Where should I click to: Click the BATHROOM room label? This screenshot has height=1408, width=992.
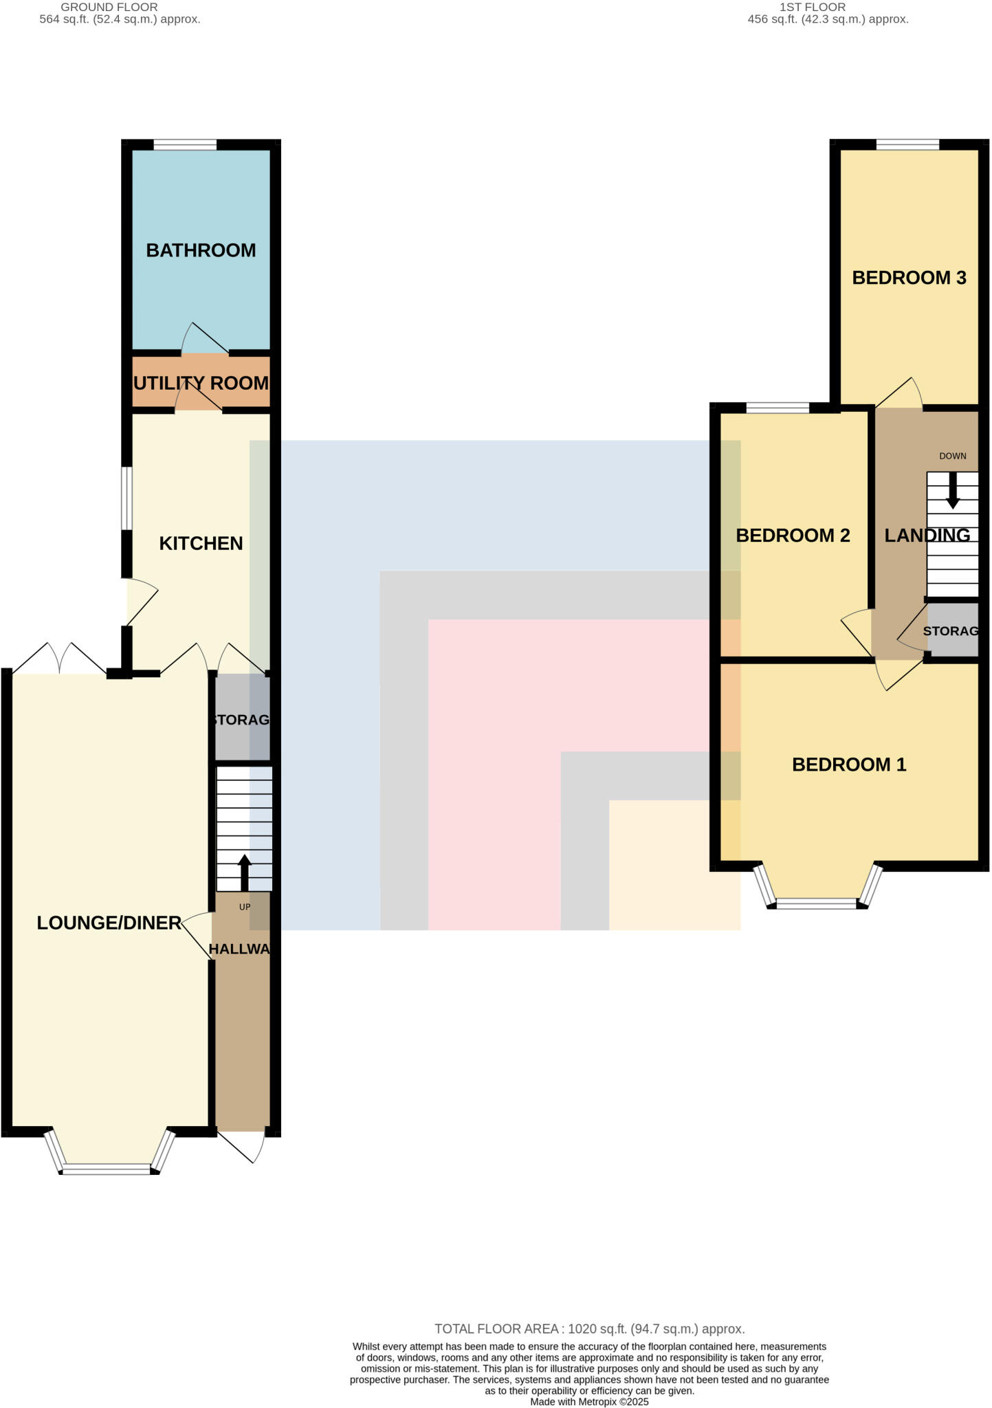(x=201, y=250)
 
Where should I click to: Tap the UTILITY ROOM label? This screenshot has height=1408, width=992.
(x=201, y=383)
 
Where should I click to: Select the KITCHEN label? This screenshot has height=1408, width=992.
(x=201, y=543)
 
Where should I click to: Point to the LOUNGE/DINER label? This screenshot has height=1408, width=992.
(x=109, y=923)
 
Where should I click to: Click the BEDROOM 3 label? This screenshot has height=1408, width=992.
(x=909, y=278)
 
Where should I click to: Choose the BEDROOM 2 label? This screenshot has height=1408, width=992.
(x=793, y=535)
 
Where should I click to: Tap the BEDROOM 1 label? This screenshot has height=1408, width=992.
(x=849, y=764)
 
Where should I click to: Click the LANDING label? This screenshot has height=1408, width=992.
(x=927, y=535)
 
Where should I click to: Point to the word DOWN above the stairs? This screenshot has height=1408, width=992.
(x=952, y=456)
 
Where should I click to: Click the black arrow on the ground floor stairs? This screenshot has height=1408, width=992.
(x=245, y=872)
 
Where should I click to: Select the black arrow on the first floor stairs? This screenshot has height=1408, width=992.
(x=952, y=490)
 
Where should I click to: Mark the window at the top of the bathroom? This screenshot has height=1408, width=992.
(x=185, y=144)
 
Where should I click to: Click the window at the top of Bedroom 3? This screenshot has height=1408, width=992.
(x=907, y=144)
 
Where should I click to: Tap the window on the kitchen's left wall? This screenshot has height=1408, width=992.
(x=126, y=498)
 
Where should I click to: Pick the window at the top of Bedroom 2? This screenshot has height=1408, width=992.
(x=777, y=408)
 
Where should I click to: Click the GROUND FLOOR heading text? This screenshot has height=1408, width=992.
(x=109, y=7)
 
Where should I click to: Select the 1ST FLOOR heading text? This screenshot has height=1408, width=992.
(x=812, y=7)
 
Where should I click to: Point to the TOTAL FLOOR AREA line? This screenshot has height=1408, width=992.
(x=589, y=1329)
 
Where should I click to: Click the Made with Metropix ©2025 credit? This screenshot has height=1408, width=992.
(x=589, y=1402)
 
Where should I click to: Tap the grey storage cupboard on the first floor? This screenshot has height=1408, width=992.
(x=952, y=630)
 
